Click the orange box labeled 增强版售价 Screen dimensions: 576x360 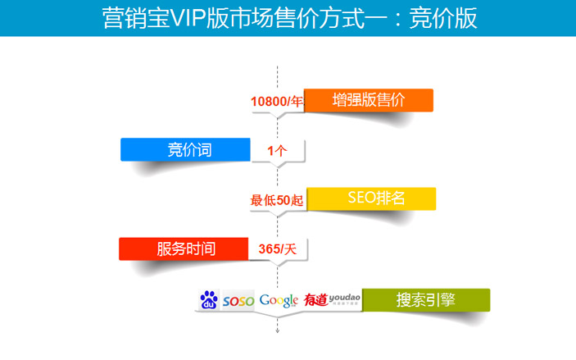coord(369,100)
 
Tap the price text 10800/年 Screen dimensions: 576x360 coord(277,102)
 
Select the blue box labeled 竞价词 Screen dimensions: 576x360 coord(185,150)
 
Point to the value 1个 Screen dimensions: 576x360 coord(277,151)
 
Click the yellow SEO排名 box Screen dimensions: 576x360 coord(371,199)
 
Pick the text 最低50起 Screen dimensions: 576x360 coord(277,200)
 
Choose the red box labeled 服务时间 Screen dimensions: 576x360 coord(184,249)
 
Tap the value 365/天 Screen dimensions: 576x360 coord(277,249)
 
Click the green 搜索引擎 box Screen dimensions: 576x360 coord(426,300)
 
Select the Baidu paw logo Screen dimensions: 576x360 coord(209,299)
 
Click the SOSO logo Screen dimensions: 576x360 coord(238,301)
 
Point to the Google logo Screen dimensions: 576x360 coord(279,300)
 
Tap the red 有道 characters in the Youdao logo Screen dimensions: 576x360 coord(315,300)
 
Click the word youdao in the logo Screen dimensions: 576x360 coord(345,298)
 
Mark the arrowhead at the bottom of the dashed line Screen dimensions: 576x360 coord(277,331)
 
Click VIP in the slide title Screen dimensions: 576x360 coord(188,18)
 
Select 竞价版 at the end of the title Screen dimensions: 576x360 coord(443,18)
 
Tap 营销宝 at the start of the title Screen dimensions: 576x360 coord(136,18)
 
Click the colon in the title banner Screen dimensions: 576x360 coord(398,19)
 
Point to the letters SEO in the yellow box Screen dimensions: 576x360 coord(361,198)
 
